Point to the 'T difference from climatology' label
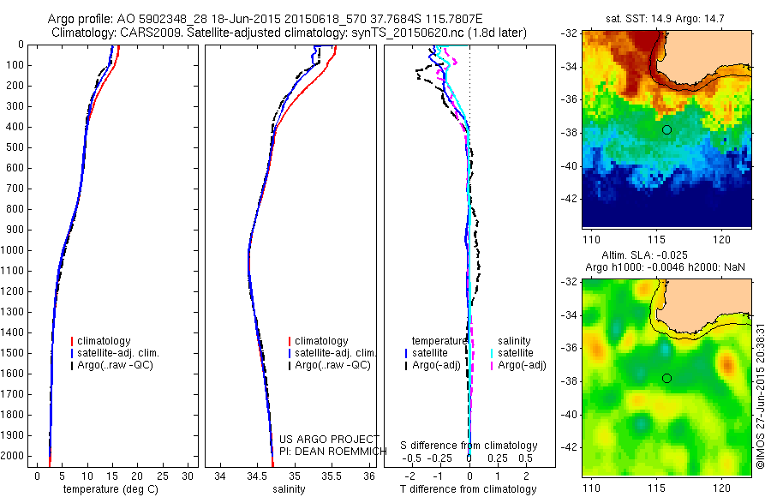[468, 489]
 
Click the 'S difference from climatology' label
[469, 446]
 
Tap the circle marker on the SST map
[666, 129]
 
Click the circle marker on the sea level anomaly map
[666, 378]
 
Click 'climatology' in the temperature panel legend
[106, 341]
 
